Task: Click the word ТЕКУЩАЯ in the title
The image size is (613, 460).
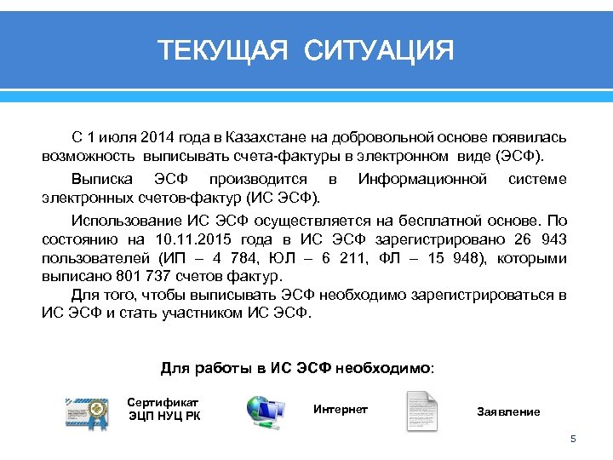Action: tap(223, 50)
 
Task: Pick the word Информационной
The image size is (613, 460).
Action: tap(423, 179)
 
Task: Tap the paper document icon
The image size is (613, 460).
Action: tap(421, 411)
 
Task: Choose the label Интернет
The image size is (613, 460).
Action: tap(341, 410)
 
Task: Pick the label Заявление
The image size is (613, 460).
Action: tap(508, 412)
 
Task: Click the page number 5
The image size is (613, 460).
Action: tap(573, 439)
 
